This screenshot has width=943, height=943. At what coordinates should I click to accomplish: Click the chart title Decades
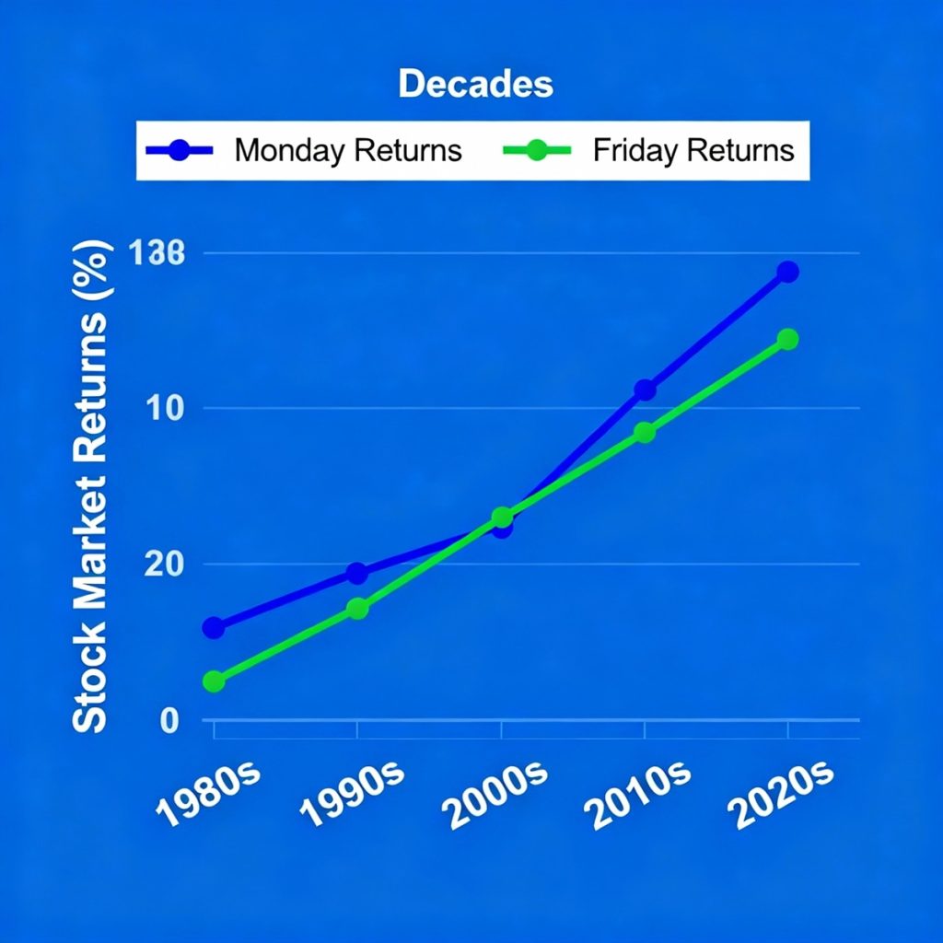(475, 85)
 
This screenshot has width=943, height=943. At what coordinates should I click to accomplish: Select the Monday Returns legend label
(348, 150)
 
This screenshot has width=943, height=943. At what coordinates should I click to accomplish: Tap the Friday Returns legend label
(693, 150)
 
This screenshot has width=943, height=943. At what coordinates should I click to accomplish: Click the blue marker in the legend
(180, 150)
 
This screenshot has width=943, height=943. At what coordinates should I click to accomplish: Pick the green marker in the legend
(537, 150)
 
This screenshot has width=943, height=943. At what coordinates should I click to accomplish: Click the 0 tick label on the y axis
(169, 721)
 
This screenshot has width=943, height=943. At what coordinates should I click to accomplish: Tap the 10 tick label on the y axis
(165, 408)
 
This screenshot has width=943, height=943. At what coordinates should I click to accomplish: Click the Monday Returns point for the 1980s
(214, 627)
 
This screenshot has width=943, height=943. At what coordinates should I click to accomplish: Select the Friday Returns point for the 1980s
(214, 681)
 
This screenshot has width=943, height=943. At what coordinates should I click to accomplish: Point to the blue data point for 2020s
(787, 272)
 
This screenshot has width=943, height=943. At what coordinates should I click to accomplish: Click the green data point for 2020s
(787, 339)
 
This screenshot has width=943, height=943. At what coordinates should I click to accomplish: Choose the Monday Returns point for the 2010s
(645, 390)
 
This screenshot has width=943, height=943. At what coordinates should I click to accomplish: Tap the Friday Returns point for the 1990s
(357, 608)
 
